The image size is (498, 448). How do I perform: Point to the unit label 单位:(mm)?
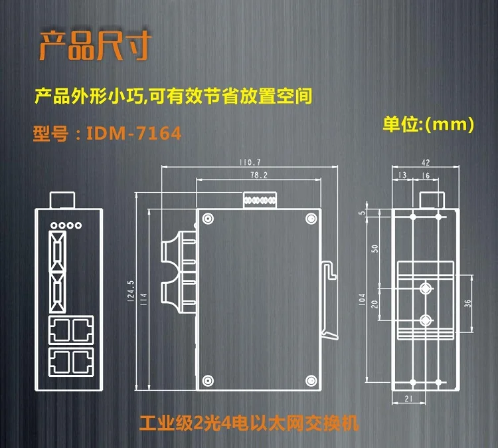coord(428,123)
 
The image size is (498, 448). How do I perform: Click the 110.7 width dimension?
coord(250,162)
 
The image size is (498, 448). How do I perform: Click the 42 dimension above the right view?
coord(426,162)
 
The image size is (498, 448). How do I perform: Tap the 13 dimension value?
coord(402,175)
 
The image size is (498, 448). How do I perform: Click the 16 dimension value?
coord(426,175)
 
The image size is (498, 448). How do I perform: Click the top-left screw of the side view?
coord(208,219)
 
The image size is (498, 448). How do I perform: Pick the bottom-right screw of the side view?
coord(310,380)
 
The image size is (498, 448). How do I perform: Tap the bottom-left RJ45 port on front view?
coord(58,360)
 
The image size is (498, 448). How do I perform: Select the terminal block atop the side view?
coord(260,200)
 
